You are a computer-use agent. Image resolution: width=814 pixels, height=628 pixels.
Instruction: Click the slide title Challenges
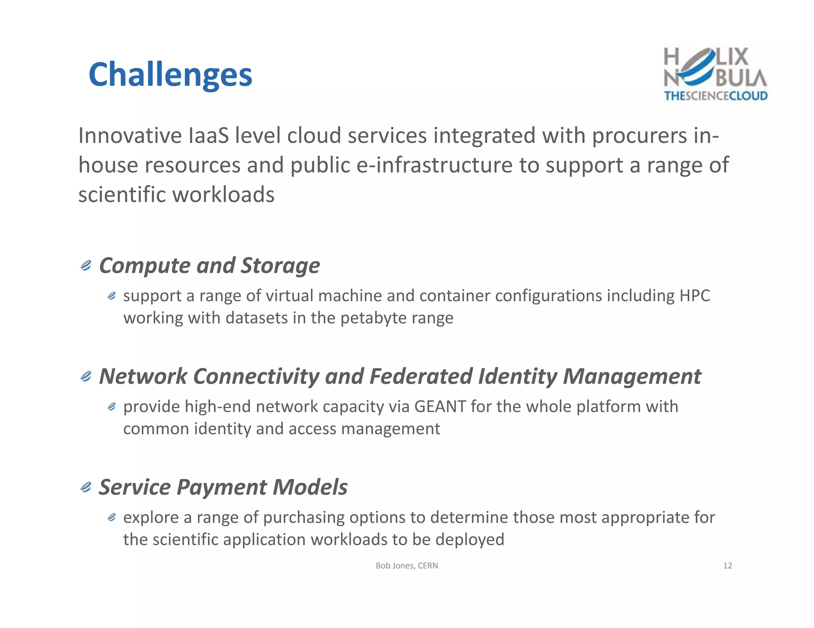[x=170, y=75]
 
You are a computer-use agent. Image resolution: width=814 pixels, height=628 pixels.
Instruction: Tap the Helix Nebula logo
[x=715, y=67]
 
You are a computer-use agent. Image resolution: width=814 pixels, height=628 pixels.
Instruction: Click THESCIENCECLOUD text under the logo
[x=716, y=96]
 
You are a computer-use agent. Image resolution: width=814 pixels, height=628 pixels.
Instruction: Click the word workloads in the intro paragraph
[x=223, y=195]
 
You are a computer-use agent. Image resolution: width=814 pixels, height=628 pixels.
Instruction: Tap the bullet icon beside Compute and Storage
[x=86, y=265]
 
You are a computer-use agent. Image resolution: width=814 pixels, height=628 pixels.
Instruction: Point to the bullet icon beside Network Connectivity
[x=86, y=376]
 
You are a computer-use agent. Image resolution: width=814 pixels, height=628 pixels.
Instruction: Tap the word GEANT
[x=440, y=406]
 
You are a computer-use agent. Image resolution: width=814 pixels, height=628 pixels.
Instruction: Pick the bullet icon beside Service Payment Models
[x=86, y=487]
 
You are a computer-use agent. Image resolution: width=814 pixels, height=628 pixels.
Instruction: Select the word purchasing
[x=304, y=518]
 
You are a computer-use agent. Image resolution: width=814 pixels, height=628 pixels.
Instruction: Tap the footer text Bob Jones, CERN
[x=407, y=566]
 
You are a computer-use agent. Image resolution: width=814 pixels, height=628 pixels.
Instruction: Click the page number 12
[x=727, y=566]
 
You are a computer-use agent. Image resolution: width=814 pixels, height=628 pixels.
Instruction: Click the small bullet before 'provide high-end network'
[x=112, y=406]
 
